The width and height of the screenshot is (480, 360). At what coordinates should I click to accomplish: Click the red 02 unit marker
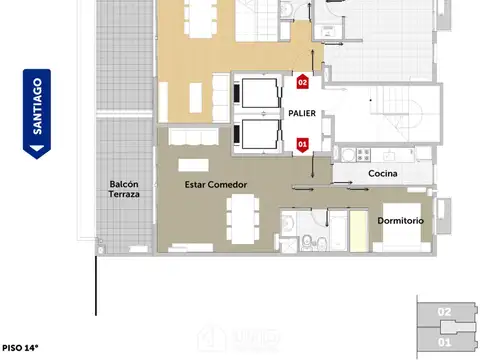click(x=303, y=82)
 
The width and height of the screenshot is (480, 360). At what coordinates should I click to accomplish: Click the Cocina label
click(x=382, y=175)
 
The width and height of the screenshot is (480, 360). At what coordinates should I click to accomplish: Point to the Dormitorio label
click(x=401, y=220)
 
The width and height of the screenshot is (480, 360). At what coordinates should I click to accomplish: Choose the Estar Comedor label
click(x=216, y=185)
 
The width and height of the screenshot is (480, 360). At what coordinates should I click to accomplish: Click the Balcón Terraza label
click(x=125, y=189)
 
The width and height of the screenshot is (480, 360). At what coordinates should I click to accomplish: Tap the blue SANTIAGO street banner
click(x=37, y=113)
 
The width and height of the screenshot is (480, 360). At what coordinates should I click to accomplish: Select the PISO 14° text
click(x=21, y=348)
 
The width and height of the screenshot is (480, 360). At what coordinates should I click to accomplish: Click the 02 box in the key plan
click(x=444, y=312)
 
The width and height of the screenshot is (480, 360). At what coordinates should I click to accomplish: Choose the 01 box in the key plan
click(x=444, y=341)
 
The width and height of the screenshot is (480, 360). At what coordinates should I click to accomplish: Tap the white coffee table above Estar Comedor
click(x=194, y=163)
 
